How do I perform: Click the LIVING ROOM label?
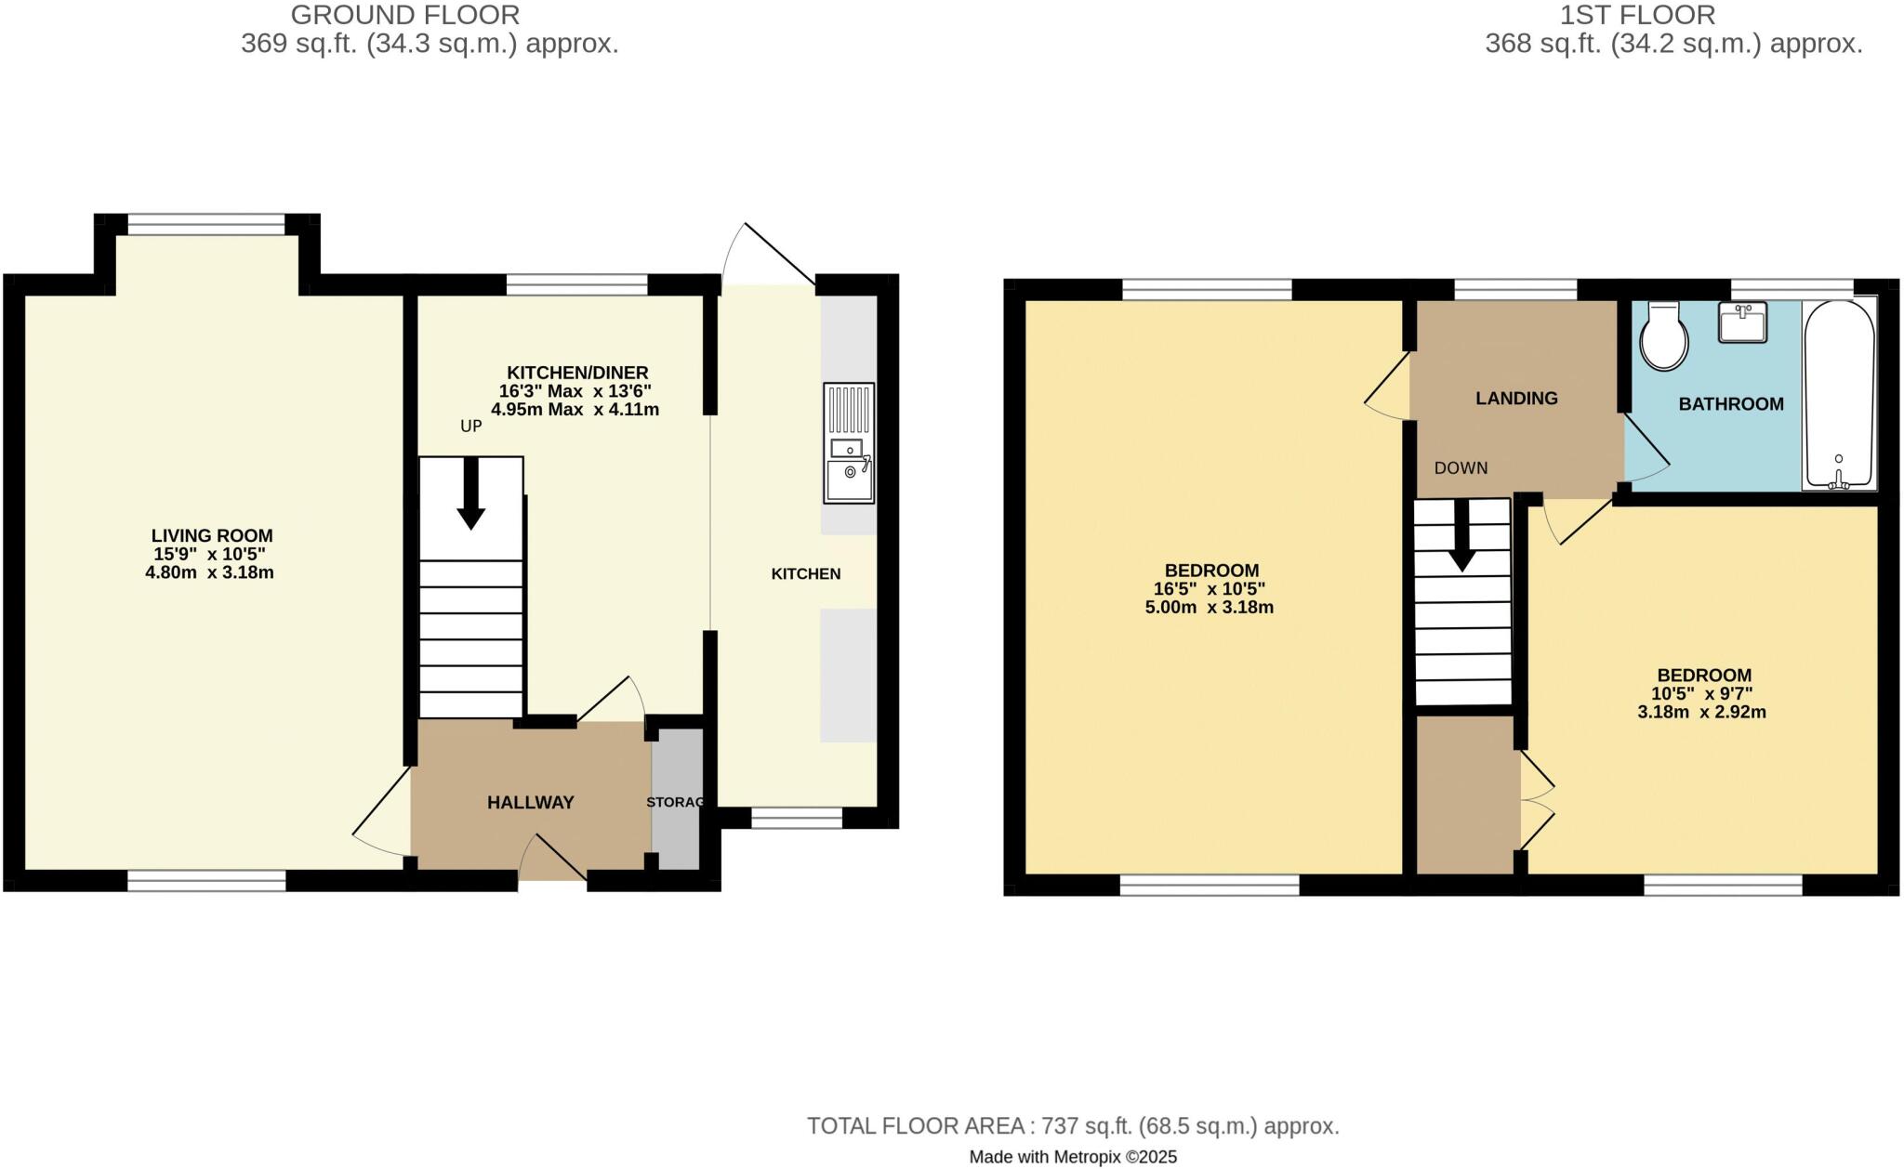pos(212,536)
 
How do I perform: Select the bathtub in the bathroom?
pos(1839,395)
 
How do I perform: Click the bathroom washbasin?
pos(1742,322)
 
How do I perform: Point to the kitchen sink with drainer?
pos(848,443)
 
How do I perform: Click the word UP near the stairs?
pos(471,427)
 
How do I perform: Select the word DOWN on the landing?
pos(1461,468)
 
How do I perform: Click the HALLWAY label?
pos(531,803)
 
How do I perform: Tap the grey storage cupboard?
pos(676,799)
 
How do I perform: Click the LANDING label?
pos(1516,399)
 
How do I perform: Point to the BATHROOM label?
pos(1730,404)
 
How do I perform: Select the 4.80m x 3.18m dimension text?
pos(209,572)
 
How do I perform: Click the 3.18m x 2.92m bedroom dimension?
pos(1701,713)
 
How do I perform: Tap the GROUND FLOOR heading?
pos(404,15)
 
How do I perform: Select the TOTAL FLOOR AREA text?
pos(1073,1126)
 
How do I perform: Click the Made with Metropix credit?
pos(1073,1157)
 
